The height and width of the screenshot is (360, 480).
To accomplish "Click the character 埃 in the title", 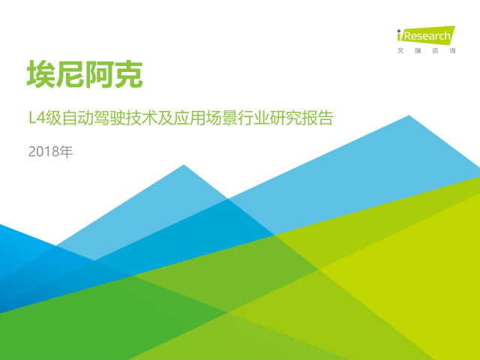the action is pyautogui.click(x=41, y=74).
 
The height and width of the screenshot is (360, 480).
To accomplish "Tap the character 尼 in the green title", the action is pyautogui.click(x=70, y=74).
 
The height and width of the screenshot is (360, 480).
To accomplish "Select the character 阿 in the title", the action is pyautogui.click(x=99, y=74).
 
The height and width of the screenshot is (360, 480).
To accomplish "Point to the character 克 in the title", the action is pyautogui.click(x=128, y=74).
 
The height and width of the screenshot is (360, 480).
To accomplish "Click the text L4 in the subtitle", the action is pyautogui.click(x=37, y=118).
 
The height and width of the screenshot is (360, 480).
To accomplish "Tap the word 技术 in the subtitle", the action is pyautogui.click(x=142, y=118).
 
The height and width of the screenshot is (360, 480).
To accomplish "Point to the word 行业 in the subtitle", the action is pyautogui.click(x=253, y=118).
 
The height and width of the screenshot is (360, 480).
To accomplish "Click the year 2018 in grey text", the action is pyautogui.click(x=43, y=151).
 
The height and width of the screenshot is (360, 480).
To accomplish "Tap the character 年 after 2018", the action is pyautogui.click(x=66, y=151).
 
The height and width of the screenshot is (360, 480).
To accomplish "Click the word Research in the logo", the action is pyautogui.click(x=427, y=36).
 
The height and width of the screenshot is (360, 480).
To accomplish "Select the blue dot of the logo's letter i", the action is pyautogui.click(x=399, y=31).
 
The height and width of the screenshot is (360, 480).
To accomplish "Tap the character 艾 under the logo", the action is pyautogui.click(x=400, y=51).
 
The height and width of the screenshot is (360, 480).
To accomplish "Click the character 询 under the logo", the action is pyautogui.click(x=452, y=51).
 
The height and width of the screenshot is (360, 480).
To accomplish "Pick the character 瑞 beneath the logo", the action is pyautogui.click(x=418, y=51).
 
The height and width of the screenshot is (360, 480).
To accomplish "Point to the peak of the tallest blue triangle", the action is pyautogui.click(x=409, y=115).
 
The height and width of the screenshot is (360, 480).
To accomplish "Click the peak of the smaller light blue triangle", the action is pyautogui.click(x=184, y=165).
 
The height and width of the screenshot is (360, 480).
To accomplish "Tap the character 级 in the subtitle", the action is pyautogui.click(x=54, y=118).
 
